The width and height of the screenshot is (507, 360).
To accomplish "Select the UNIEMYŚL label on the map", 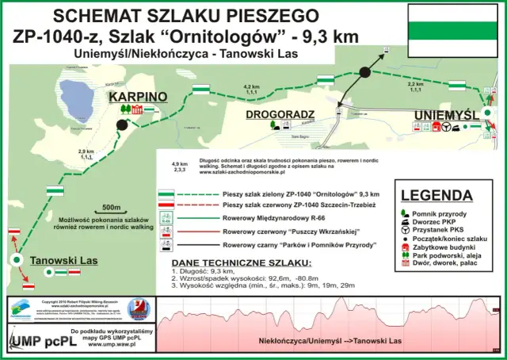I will coord(445,116).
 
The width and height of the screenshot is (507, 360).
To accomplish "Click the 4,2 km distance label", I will coord(252,86).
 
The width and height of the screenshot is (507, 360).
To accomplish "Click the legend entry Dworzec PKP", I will coord(448,224).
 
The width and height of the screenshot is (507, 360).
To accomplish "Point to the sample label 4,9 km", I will coord(179,164).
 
